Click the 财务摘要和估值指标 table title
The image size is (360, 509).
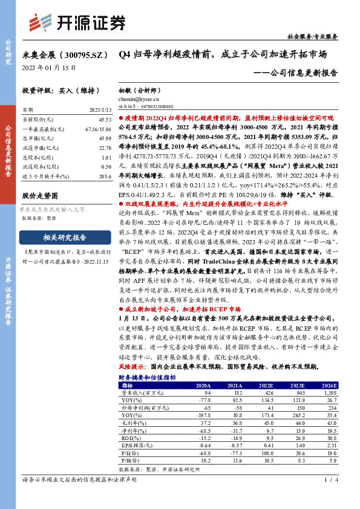click(148, 377)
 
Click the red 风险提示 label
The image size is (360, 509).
click(133, 366)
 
